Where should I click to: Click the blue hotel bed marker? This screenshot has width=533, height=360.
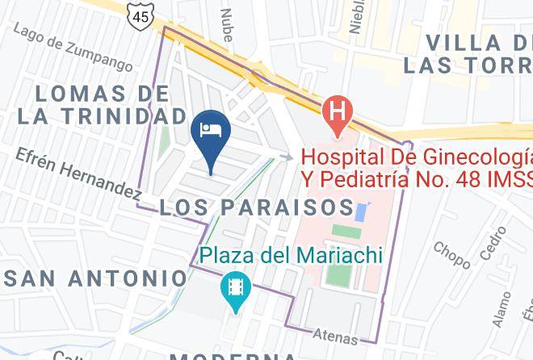tap(211, 132)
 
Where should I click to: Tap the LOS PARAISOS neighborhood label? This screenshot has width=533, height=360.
tap(256, 207)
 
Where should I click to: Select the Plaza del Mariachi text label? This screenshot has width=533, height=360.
tap(291, 256)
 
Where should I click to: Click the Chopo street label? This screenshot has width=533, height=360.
tap(451, 255)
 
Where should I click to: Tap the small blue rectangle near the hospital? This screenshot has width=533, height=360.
tap(360, 213)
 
